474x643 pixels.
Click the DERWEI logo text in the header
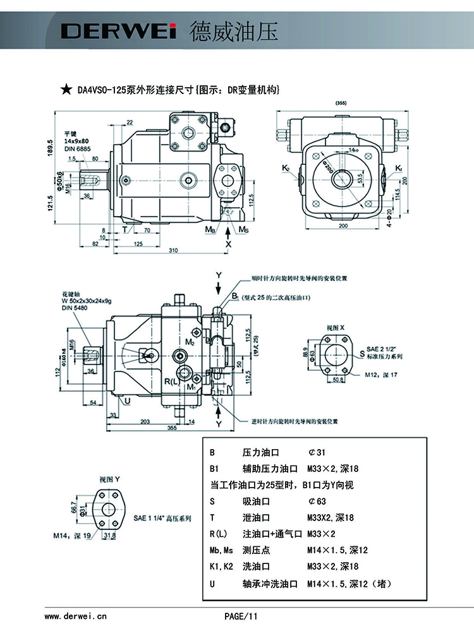[x=118, y=31]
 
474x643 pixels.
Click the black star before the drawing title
[x=66, y=90]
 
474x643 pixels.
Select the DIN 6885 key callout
[x=76, y=148]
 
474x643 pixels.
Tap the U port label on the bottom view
[x=127, y=400]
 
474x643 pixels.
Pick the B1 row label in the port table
[x=214, y=469]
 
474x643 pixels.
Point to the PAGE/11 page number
[x=241, y=616]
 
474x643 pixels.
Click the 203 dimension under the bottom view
[x=145, y=421]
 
